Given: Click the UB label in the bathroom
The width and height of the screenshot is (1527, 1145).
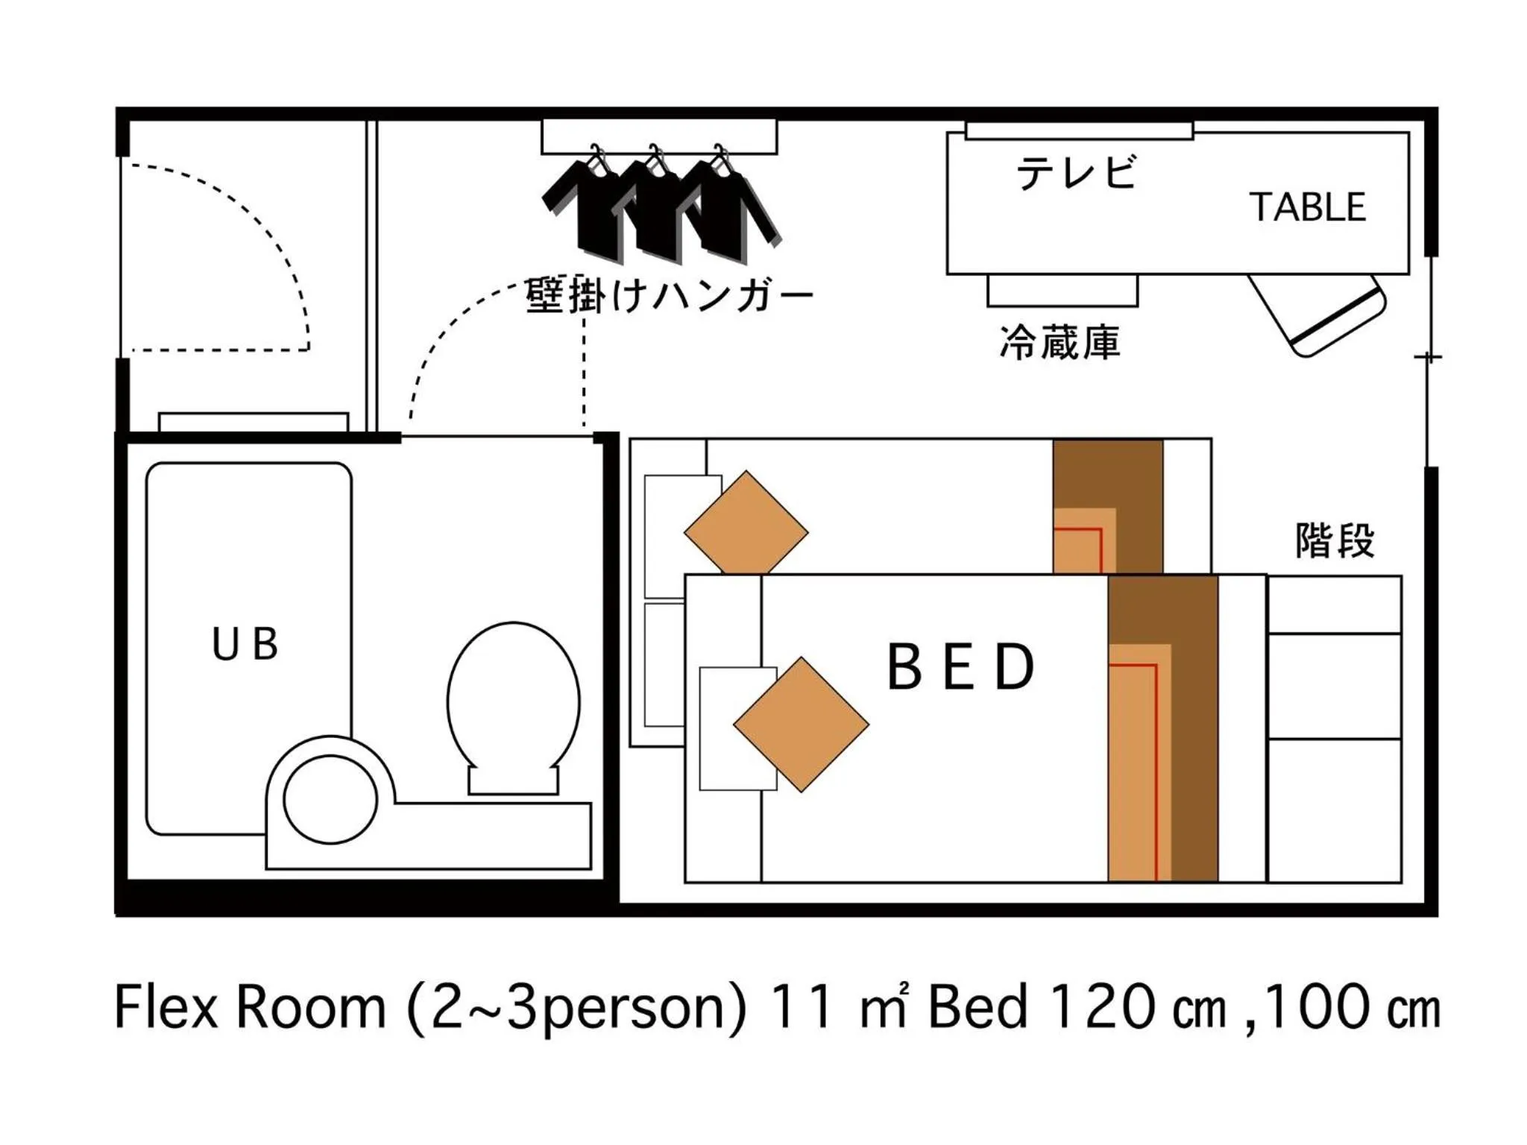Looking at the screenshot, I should click(x=245, y=644).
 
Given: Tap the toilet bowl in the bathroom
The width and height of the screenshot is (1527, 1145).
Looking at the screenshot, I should click(x=513, y=701).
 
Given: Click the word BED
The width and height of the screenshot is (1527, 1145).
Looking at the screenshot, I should click(x=960, y=667).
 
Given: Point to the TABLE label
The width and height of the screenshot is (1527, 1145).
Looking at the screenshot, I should click(x=1308, y=207).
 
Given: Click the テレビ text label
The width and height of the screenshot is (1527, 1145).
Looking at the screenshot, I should click(x=1076, y=173).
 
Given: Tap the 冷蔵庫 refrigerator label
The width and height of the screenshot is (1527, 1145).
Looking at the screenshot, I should click(x=1060, y=343).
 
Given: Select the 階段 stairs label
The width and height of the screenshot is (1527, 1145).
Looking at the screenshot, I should click(x=1335, y=540).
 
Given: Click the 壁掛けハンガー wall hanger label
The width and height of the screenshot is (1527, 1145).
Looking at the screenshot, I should click(x=669, y=296).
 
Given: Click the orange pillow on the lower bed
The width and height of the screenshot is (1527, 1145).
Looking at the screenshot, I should click(x=801, y=724).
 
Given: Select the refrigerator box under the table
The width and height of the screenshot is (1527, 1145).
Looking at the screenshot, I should click(x=1062, y=291).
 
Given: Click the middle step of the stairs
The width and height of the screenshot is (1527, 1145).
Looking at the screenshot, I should click(x=1334, y=686).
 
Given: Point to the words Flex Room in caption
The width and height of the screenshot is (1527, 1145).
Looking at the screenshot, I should click(x=250, y=1008).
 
